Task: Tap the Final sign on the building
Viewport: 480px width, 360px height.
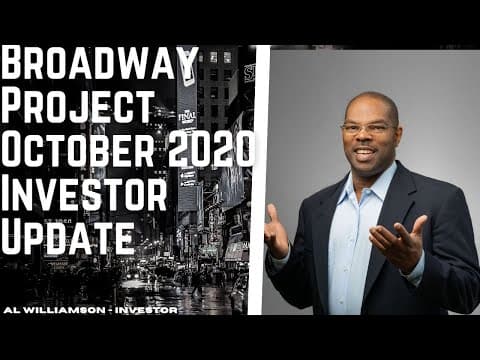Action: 186,116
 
